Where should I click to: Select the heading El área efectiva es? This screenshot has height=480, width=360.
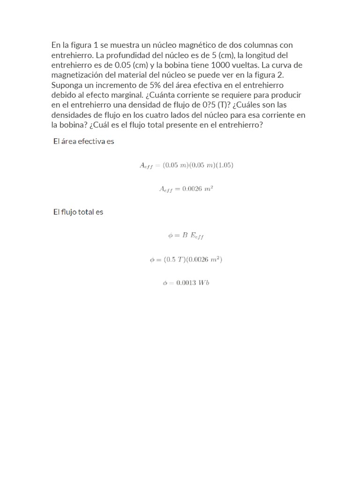[83, 141]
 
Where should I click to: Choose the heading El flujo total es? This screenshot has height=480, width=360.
[78, 212]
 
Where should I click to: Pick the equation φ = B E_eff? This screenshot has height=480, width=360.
[186, 236]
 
